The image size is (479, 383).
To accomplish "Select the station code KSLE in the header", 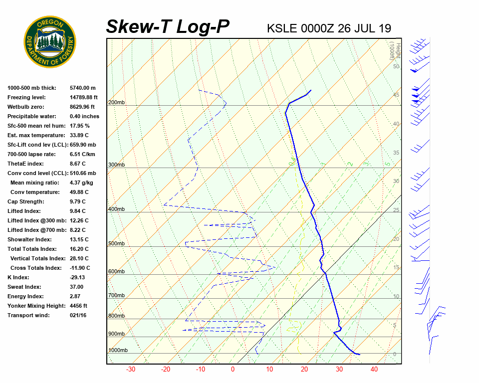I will point(282,28).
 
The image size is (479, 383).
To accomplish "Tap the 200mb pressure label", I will point(116,103).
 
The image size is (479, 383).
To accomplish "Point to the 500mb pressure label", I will point(116,244).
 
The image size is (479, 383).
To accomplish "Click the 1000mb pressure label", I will point(118,351).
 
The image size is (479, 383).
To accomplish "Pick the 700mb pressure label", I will point(116,296).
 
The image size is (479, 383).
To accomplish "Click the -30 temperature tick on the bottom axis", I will point(131,370).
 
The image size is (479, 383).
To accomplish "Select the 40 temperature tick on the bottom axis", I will point(374,370).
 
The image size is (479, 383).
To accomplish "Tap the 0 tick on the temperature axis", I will point(233,370).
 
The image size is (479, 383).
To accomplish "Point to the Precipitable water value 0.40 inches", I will point(84,117).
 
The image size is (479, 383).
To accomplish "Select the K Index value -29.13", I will point(77,278).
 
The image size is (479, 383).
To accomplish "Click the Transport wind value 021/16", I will point(78,316).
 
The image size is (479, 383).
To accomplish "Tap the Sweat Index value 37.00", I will point(77,287).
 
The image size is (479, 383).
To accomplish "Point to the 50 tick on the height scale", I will point(396,66).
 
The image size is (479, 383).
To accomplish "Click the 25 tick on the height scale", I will point(396,210).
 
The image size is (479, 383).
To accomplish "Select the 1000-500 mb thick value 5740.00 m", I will point(83,88).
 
